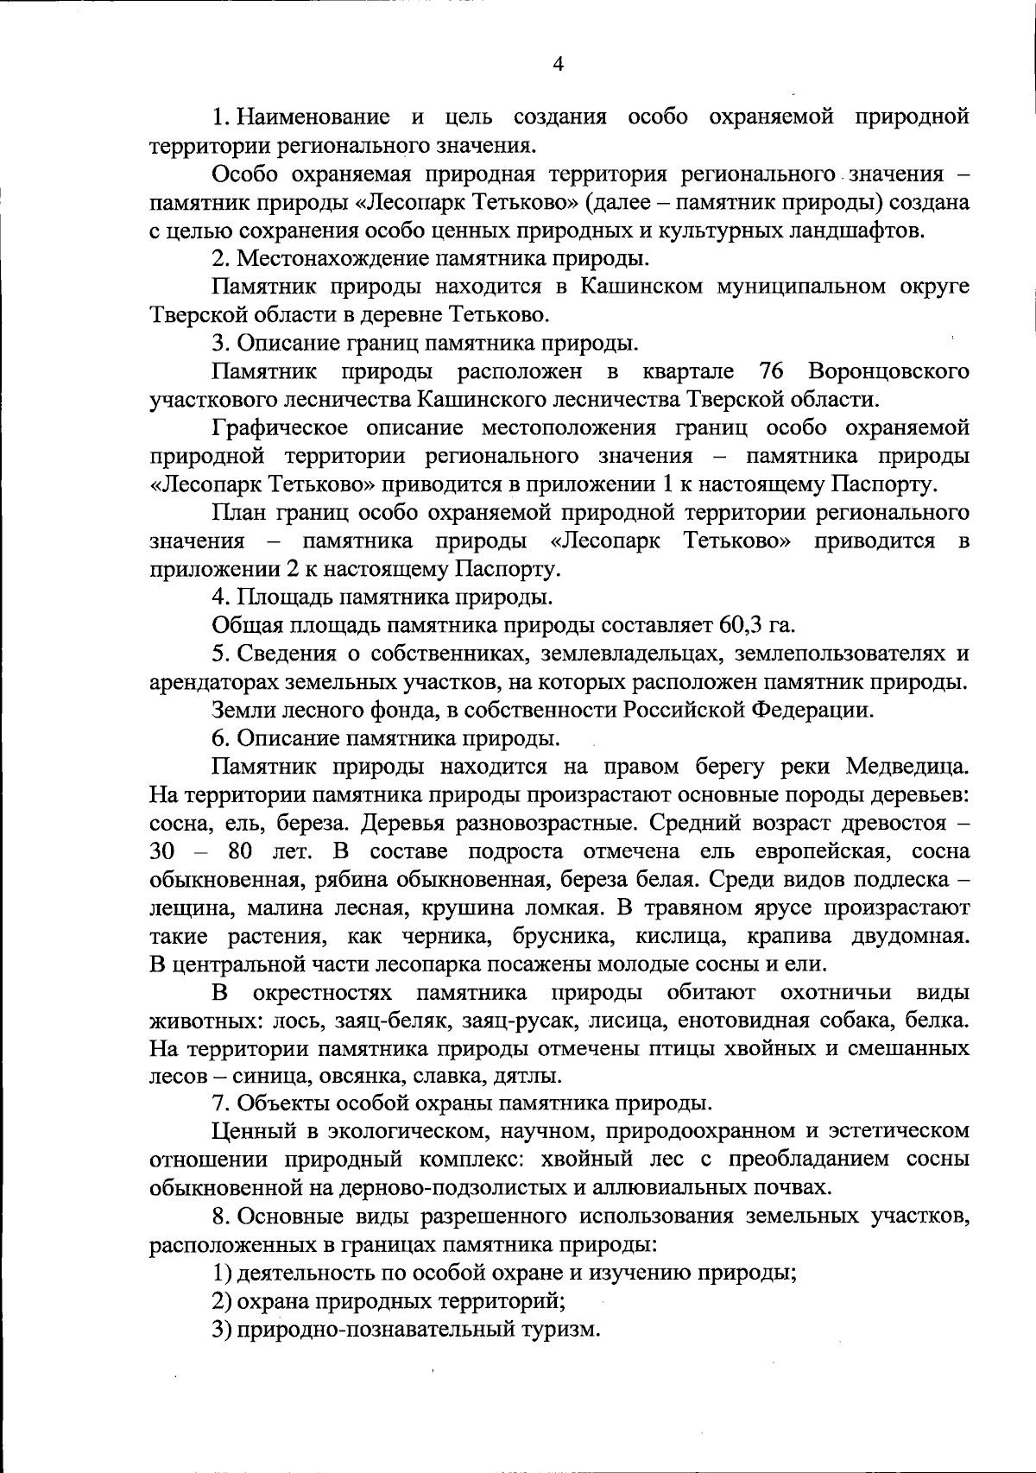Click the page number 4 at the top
coord(558,65)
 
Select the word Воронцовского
coord(888,371)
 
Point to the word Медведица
coord(907,767)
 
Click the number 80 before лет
coord(239,851)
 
